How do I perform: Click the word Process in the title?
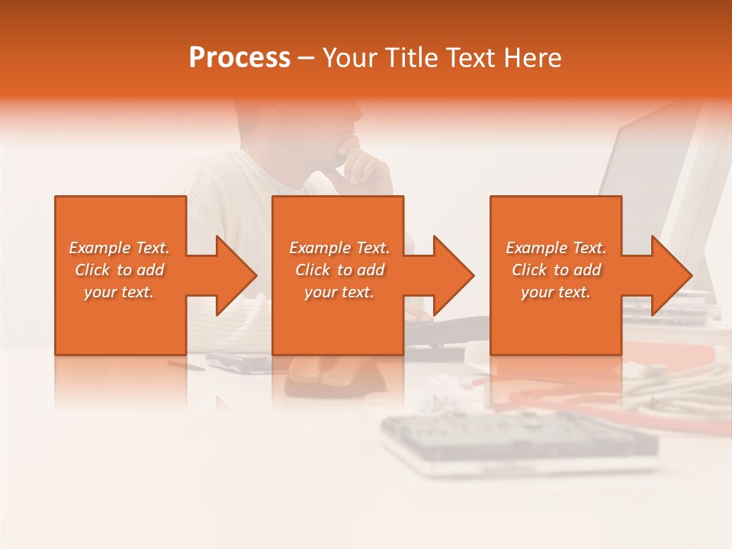click(239, 58)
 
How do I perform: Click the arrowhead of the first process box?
click(236, 275)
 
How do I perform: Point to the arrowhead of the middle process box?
click(453, 275)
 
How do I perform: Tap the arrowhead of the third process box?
click(671, 275)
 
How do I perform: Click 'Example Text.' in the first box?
click(119, 248)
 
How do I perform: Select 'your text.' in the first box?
click(119, 292)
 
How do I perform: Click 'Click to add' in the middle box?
click(339, 270)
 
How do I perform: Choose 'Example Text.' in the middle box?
click(339, 248)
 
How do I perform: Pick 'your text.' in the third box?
click(556, 292)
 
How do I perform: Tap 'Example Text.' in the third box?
click(556, 248)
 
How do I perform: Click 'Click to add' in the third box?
click(556, 270)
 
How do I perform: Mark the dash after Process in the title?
click(306, 58)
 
